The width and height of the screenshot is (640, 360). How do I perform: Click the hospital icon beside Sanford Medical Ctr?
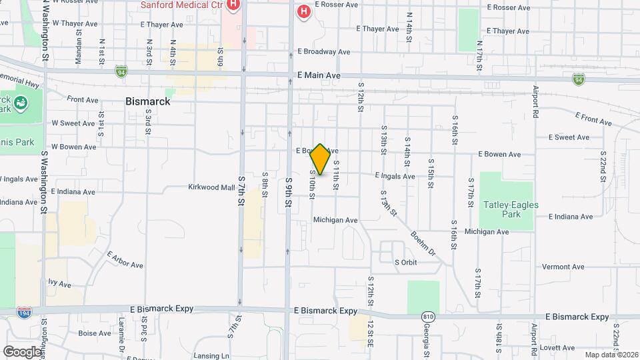pyautogui.click(x=233, y=6)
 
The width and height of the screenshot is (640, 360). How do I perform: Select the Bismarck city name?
pyautogui.click(x=147, y=102)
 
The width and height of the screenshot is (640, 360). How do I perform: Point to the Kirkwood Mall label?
pyautogui.click(x=211, y=187)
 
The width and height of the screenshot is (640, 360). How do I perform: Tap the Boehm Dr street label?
pyautogui.click(x=423, y=244)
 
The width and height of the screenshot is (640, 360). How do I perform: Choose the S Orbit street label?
pyautogui.click(x=406, y=262)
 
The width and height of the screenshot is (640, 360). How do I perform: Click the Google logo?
pyautogui.click(x=23, y=351)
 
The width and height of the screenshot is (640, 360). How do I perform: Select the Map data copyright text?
pyautogui.click(x=611, y=355)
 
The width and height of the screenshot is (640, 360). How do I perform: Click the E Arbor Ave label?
pyautogui.click(x=125, y=259)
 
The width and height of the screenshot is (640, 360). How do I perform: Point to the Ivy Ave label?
pyautogui.click(x=59, y=284)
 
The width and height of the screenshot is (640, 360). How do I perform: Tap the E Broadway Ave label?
pyautogui.click(x=324, y=51)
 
